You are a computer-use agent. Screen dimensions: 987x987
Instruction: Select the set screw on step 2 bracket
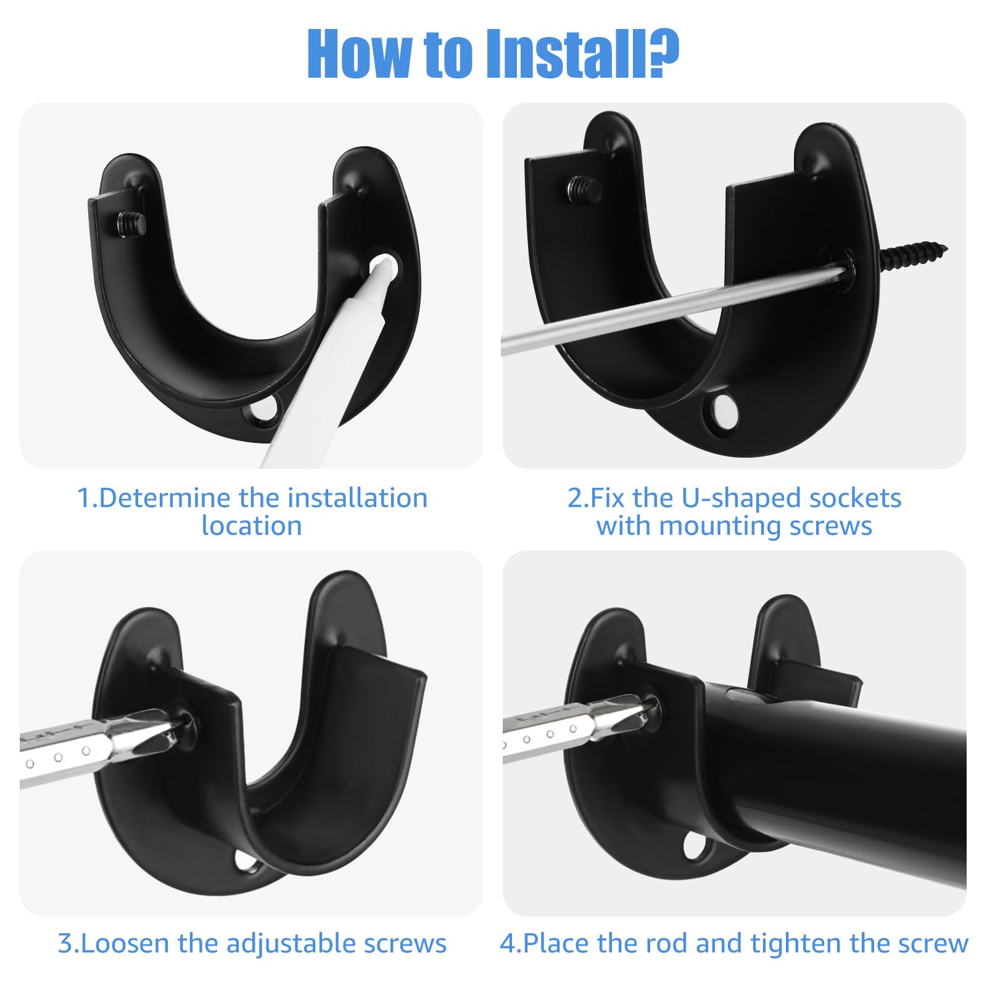[585, 189]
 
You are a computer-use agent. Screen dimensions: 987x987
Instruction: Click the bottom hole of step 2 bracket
[722, 410]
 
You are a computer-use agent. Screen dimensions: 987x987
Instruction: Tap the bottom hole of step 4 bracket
[696, 847]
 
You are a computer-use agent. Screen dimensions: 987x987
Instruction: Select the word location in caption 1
[252, 526]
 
